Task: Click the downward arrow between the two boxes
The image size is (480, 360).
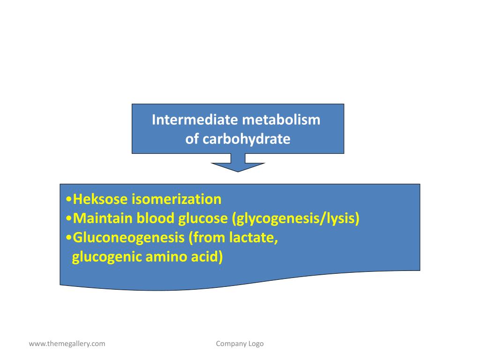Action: click(x=238, y=166)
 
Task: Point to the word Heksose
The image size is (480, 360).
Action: click(x=100, y=199)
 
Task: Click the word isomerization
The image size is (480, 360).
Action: click(x=176, y=199)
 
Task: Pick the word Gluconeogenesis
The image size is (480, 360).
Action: click(x=129, y=238)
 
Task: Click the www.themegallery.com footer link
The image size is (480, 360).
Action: click(x=67, y=344)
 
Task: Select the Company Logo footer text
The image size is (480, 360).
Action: click(x=240, y=344)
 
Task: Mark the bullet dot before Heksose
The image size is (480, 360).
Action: click(x=69, y=200)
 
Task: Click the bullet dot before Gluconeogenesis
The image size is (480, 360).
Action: click(x=69, y=238)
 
